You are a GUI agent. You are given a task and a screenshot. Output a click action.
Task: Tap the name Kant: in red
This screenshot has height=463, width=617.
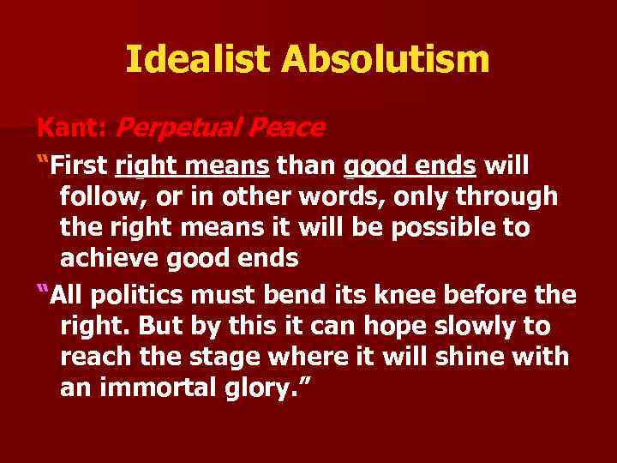[x=71, y=128]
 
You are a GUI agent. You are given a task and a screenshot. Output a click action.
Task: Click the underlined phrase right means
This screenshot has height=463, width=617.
[x=193, y=165]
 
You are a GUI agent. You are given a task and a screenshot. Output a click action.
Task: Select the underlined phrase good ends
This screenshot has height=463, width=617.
[x=410, y=165]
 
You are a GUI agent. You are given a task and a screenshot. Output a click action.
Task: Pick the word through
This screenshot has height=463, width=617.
[x=507, y=196]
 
